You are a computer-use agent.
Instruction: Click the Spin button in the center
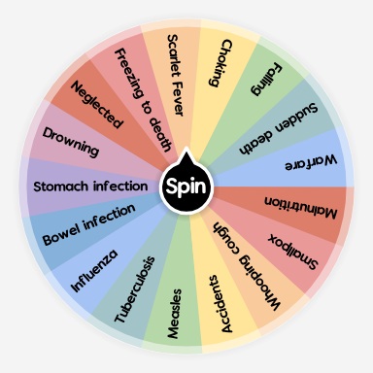pyautogui.click(x=185, y=185)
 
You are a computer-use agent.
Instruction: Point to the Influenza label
pyautogui.click(x=95, y=271)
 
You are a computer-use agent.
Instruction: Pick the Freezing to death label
pyautogui.click(x=140, y=99)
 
